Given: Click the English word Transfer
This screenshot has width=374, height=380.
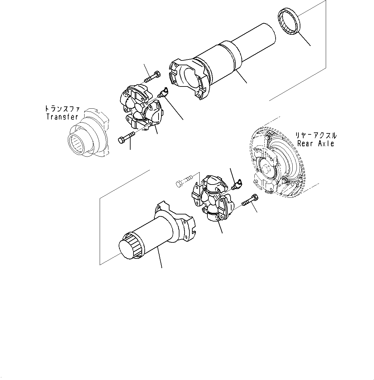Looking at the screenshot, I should (x=62, y=117).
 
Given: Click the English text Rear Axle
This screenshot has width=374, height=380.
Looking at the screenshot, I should (x=315, y=143).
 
